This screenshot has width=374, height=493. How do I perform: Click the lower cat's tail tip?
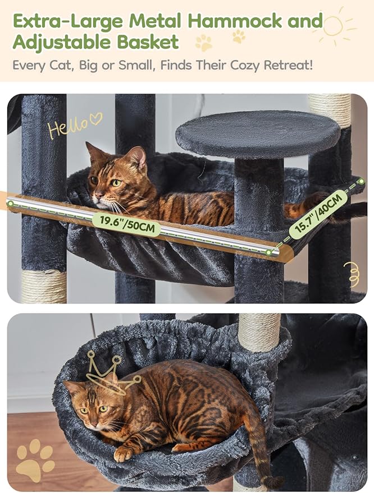coord(274,481)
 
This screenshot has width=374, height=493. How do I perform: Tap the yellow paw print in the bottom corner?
coord(35,459)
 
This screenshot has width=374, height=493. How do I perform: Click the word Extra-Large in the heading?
coord(67,21)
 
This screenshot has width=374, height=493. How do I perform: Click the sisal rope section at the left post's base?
coord(44,285)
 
